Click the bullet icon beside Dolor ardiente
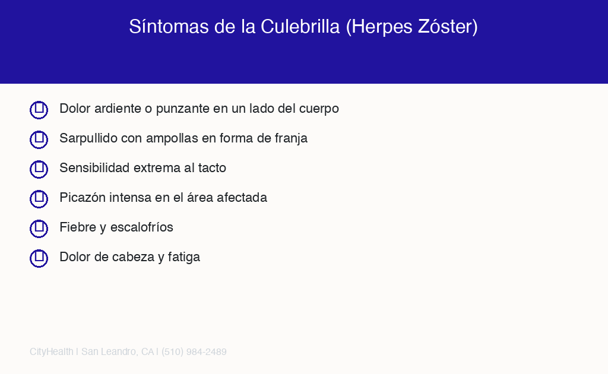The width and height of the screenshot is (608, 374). pyautogui.click(x=39, y=110)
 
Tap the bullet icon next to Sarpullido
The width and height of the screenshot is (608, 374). pyautogui.click(x=39, y=140)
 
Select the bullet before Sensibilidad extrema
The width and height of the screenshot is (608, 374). pyautogui.click(x=39, y=169)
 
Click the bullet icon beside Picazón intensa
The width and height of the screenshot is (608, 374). pyautogui.click(x=39, y=199)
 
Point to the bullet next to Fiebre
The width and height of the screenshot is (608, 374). pyautogui.click(x=39, y=229)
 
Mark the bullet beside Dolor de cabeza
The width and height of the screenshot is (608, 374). pyautogui.click(x=39, y=258)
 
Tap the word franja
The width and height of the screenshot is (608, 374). pyautogui.click(x=291, y=139)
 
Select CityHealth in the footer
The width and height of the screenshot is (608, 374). pyautogui.click(x=51, y=352)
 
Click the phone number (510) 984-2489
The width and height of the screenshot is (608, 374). pyautogui.click(x=194, y=352)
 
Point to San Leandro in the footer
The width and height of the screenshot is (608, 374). pyautogui.click(x=109, y=352)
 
